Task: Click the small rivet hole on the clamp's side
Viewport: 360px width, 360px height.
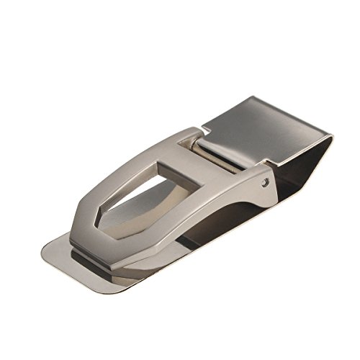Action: point(268,184)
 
